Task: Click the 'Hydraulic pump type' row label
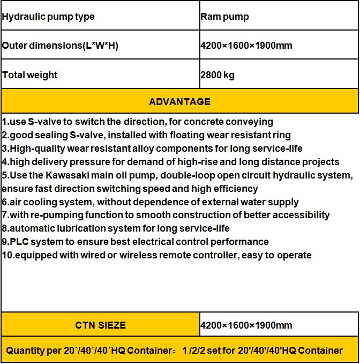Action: click(48, 17)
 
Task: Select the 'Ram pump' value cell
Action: click(224, 17)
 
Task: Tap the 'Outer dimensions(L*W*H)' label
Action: click(60, 46)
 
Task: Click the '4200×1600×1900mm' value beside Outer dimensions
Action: click(246, 46)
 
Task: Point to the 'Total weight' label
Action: click(29, 75)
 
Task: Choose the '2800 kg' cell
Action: click(217, 75)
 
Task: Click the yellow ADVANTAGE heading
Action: click(179, 102)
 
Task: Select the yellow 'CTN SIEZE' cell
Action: click(100, 325)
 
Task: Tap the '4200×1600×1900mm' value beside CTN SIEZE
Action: click(246, 325)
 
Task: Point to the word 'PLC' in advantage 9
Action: click(19, 242)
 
